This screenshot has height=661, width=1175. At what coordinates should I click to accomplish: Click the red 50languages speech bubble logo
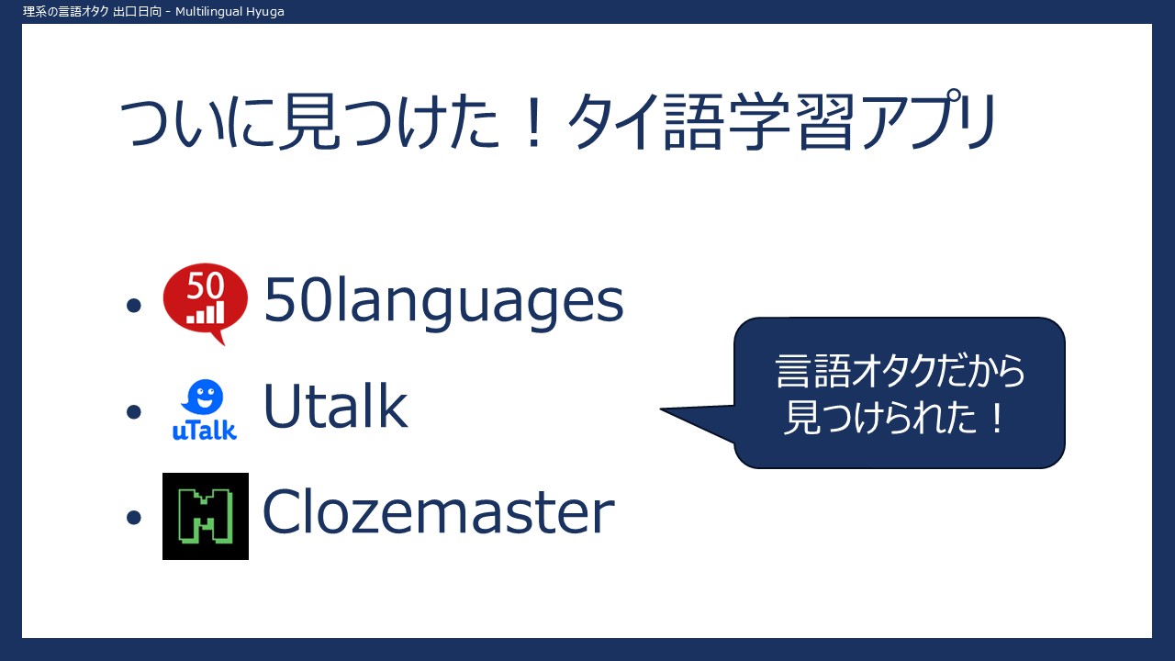[x=205, y=303]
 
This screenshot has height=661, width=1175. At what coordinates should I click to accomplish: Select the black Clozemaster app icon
[x=206, y=516]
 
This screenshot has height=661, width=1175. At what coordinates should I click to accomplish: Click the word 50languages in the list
[x=443, y=303]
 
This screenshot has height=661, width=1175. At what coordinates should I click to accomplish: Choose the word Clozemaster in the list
[x=439, y=511]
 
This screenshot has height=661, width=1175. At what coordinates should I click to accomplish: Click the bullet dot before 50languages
[x=134, y=306]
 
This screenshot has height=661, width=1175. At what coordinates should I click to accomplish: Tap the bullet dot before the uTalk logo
[x=134, y=411]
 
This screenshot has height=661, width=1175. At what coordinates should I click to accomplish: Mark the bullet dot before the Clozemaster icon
[x=134, y=517]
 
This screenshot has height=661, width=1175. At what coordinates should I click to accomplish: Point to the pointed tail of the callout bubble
[x=662, y=409]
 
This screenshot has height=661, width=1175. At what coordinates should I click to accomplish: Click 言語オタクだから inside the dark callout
[x=900, y=372]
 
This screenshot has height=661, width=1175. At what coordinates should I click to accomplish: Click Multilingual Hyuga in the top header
[x=229, y=12]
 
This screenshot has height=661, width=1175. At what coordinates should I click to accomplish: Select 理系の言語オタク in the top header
[x=65, y=12]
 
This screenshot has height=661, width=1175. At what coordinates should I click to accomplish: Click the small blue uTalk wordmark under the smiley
[x=204, y=431]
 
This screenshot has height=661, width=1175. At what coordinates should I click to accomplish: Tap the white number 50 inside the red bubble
[x=205, y=286]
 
